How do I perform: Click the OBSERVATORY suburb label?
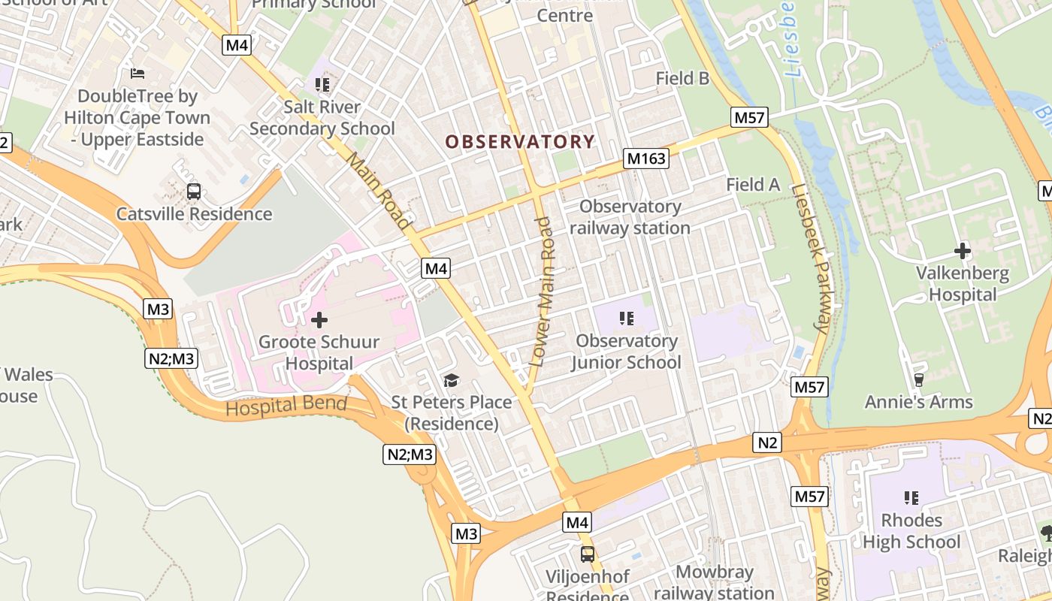point(520,141)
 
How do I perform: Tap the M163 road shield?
point(645,159)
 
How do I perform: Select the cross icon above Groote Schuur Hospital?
point(319,321)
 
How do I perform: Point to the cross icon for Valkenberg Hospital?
point(962,251)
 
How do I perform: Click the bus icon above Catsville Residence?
point(194,192)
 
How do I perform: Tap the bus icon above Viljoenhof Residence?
point(588,554)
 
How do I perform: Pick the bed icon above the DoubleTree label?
point(138,74)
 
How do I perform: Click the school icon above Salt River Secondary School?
point(322,85)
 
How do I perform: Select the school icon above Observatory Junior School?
point(626,319)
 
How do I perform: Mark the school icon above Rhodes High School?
point(911,497)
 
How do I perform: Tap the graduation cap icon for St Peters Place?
point(451,381)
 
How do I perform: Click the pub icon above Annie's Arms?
point(918,379)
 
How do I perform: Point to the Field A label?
point(753,185)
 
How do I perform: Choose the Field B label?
point(682,78)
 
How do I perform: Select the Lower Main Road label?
point(543,291)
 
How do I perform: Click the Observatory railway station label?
point(630,217)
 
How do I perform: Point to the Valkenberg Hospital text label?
point(962,283)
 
